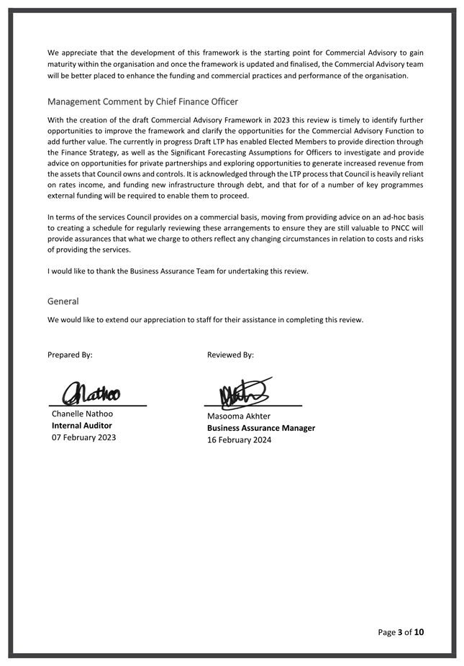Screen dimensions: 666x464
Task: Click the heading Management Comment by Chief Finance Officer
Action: (x=142, y=101)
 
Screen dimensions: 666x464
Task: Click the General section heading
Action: (x=63, y=301)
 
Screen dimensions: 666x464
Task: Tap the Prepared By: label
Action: (x=70, y=355)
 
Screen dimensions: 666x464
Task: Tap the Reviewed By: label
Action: (x=230, y=355)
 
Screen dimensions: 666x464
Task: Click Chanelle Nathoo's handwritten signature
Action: (x=91, y=393)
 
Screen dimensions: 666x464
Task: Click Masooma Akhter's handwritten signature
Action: (x=245, y=392)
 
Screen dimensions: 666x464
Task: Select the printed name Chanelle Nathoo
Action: (x=82, y=414)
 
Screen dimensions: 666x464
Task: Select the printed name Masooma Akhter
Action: (x=239, y=416)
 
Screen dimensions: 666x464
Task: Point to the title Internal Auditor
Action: (x=81, y=425)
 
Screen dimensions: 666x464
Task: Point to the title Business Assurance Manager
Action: (x=261, y=428)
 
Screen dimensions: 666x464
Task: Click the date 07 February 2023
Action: (x=83, y=437)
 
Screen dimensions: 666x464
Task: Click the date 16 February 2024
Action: (x=239, y=440)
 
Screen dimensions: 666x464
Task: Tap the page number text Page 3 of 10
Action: (x=401, y=632)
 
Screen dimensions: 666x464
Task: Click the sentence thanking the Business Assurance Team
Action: (x=178, y=271)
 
